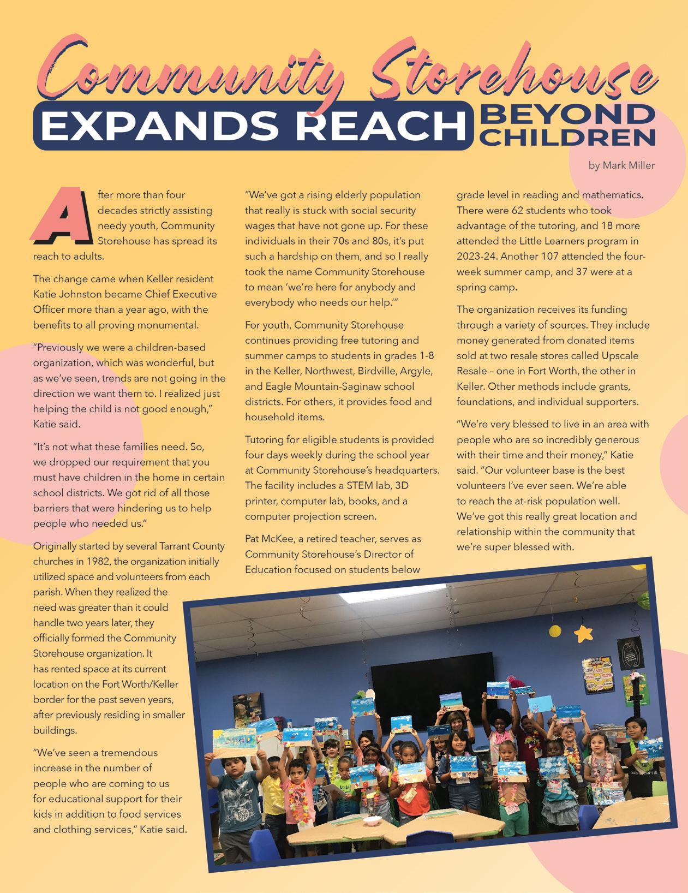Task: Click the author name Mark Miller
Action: click(x=621, y=165)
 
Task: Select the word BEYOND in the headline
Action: click(x=569, y=114)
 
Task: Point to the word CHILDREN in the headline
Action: click(x=569, y=136)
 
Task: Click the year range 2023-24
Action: click(x=477, y=256)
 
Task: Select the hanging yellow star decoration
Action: click(x=583, y=633)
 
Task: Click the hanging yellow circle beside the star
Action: click(x=555, y=631)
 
